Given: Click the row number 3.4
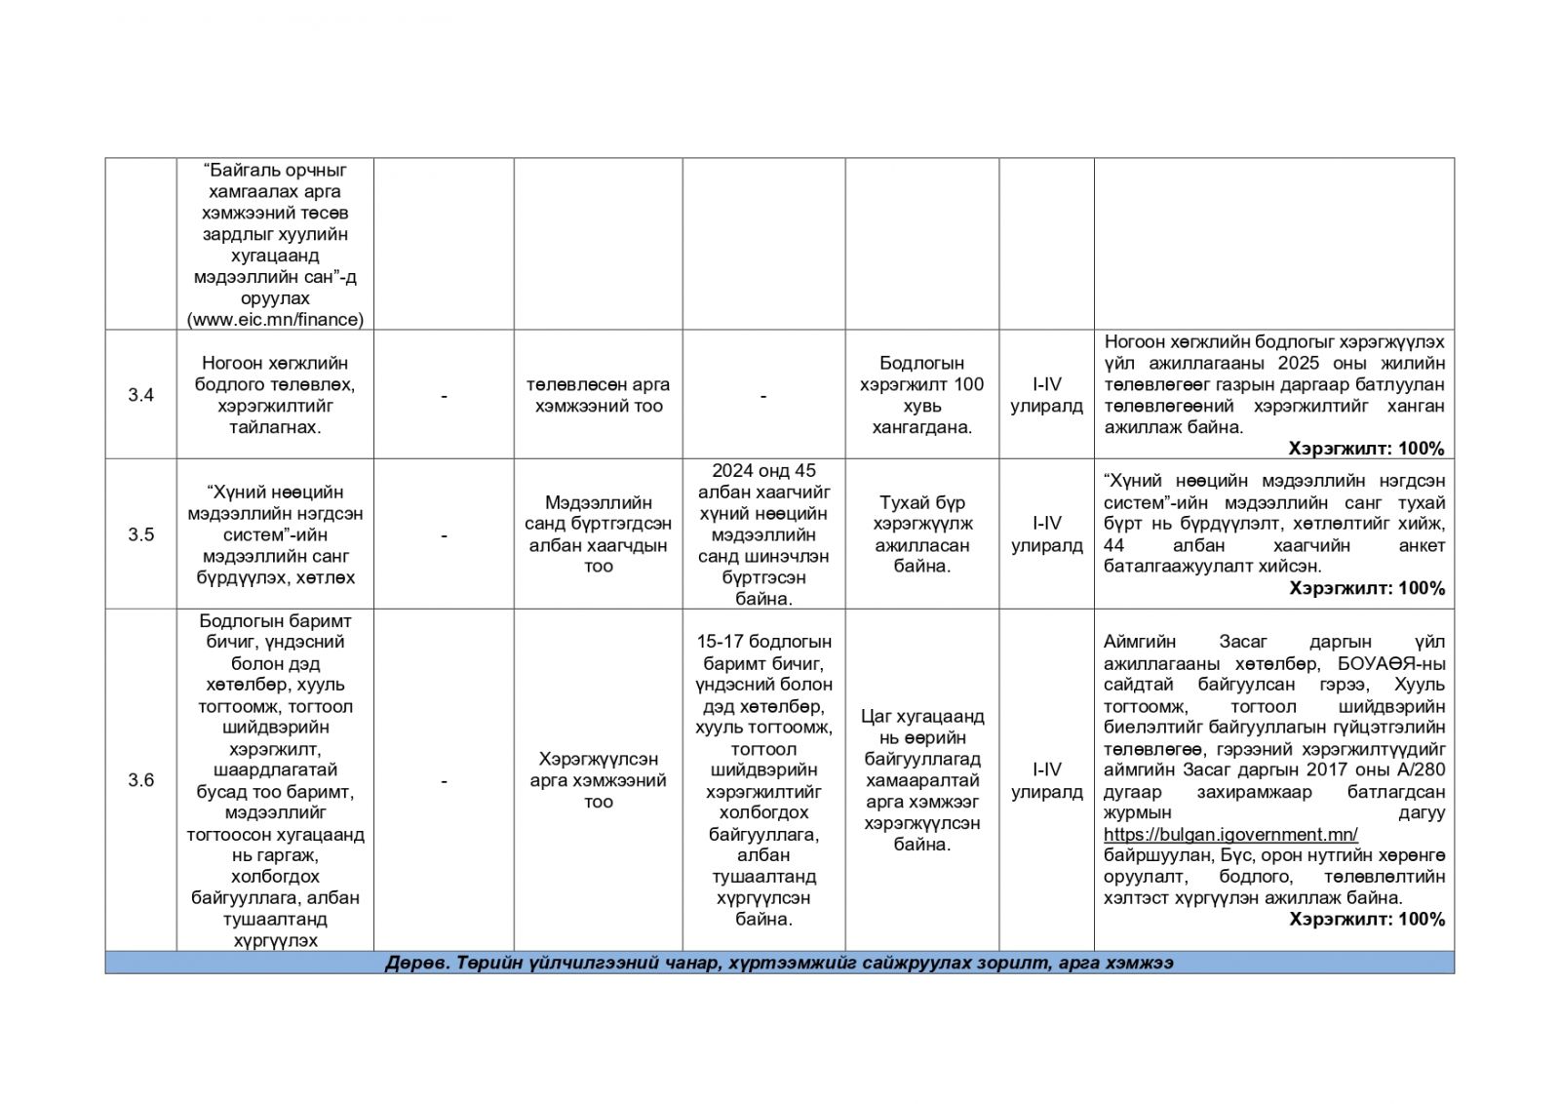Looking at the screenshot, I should [140, 395].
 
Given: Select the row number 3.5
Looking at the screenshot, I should [140, 534].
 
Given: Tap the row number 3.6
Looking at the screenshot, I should [140, 780].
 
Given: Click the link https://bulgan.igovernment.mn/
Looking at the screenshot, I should [1230, 834].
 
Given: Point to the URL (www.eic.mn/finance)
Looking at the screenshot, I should [275, 319].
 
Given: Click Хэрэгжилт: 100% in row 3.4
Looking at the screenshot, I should [1366, 449].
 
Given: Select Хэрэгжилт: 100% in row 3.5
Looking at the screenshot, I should [1366, 588].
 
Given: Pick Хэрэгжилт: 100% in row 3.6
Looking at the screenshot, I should [1366, 919].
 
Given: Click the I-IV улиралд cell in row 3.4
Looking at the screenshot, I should [1046, 395].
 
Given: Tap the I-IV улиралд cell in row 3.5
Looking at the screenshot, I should [1046, 534].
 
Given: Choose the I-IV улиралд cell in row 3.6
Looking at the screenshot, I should [1046, 780].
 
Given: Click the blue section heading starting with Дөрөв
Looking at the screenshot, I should [779, 963].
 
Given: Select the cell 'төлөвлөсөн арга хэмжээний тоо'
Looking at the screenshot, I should [598, 395].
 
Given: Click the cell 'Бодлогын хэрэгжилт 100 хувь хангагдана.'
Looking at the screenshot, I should [921, 395].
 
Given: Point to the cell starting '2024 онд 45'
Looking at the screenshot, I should [763, 534].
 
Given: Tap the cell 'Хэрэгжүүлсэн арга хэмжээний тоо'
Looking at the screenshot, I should [598, 780].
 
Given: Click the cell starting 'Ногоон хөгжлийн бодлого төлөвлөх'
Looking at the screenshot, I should [275, 395].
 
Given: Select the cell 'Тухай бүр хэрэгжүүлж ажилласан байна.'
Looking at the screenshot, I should [921, 534].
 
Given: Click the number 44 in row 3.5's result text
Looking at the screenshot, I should [1114, 545].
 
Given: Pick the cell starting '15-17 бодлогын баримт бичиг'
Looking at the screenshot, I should [763, 780].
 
